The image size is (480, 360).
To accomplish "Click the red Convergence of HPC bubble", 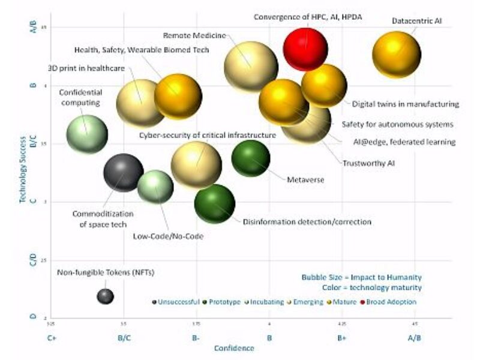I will coord(305,49).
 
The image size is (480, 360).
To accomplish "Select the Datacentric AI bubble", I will coord(397,55).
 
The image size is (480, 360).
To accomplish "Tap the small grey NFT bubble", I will coord(105,296).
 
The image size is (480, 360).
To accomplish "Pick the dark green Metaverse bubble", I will coord(250,158).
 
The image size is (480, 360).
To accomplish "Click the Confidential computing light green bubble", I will coord(87,134).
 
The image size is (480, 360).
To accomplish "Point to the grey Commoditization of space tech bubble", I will coord(123,172).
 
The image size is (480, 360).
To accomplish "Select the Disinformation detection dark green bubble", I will coord(214,203).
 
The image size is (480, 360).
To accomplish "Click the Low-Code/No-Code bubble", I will coord(155,186).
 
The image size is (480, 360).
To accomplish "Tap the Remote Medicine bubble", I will coord(250,67).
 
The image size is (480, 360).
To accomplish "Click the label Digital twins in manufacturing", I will coord(405,104).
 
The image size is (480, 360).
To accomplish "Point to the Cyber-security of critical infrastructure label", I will coord(208,135).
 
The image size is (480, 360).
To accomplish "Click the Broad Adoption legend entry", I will coord(394,302).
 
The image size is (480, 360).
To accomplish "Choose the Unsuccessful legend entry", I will coord(178,302).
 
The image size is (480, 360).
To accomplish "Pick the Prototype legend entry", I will coord(224,302).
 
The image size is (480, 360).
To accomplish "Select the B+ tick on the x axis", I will coord(341,338).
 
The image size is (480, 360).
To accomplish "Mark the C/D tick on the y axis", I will coord(34,260).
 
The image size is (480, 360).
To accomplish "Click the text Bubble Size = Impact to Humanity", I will coord(361,277).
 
